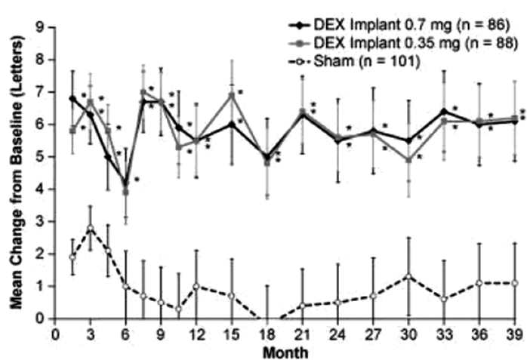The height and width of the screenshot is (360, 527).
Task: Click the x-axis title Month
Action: pyautogui.click(x=285, y=351)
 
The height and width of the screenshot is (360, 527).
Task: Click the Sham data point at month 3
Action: pyautogui.click(x=90, y=228)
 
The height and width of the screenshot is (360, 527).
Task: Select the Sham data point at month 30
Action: pyautogui.click(x=409, y=276)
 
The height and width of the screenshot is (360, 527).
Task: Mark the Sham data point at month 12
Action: pyautogui.click(x=196, y=286)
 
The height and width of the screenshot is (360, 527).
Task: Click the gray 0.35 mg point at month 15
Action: pyautogui.click(x=232, y=95)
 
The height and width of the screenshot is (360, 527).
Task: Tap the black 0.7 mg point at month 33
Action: pyautogui.click(x=445, y=111)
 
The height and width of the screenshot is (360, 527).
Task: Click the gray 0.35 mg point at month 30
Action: pyautogui.click(x=409, y=160)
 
